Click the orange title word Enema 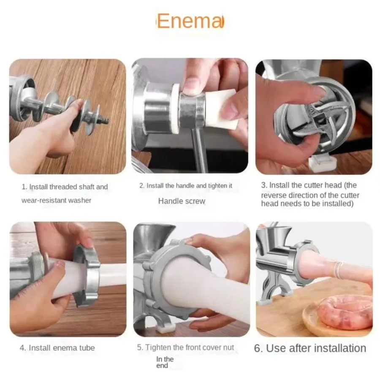click(x=190, y=21)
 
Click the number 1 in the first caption click(x=24, y=187)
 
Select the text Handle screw click(x=182, y=201)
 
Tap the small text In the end click(x=165, y=362)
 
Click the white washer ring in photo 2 click(x=175, y=108)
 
